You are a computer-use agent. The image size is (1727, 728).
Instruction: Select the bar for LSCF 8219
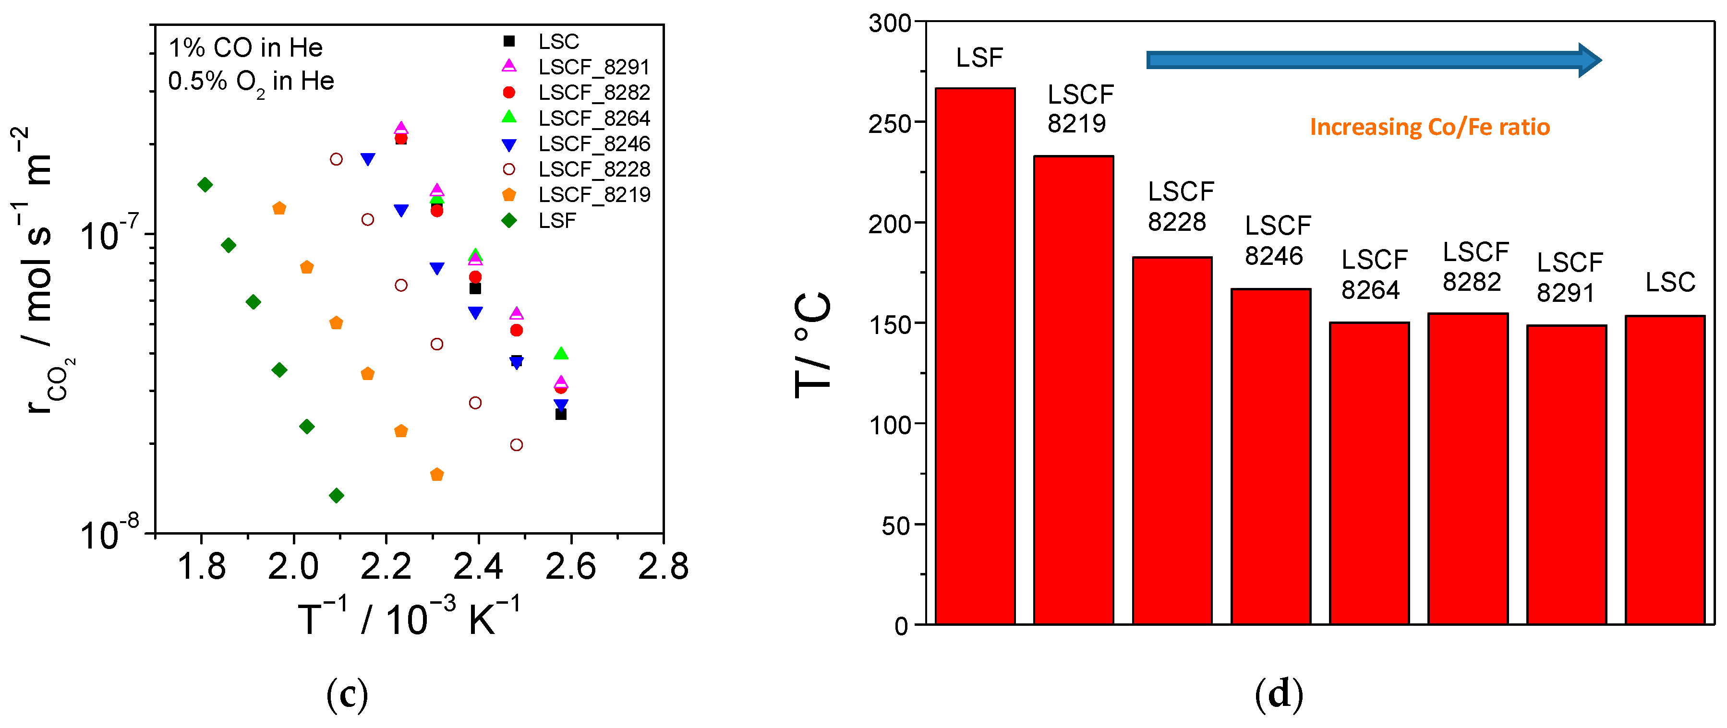click(1074, 389)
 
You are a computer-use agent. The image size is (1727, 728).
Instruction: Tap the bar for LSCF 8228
click(1172, 440)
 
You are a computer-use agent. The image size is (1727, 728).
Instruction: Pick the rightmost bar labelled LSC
click(1665, 469)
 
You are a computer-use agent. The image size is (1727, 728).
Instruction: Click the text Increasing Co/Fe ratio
click(1429, 127)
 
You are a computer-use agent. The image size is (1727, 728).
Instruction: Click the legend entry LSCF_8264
click(593, 118)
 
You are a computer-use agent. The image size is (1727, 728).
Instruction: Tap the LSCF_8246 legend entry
click(593, 143)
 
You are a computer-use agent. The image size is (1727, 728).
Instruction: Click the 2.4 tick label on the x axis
click(477, 566)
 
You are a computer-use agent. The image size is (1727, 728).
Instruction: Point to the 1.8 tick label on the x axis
click(201, 566)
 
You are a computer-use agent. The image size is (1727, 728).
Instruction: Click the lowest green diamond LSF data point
click(337, 495)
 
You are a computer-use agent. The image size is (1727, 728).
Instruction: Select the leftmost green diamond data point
click(205, 184)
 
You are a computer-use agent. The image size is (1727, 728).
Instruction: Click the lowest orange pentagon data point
click(436, 475)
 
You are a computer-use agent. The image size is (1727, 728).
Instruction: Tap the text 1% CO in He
click(245, 48)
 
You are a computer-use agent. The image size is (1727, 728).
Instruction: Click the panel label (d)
click(1279, 694)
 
